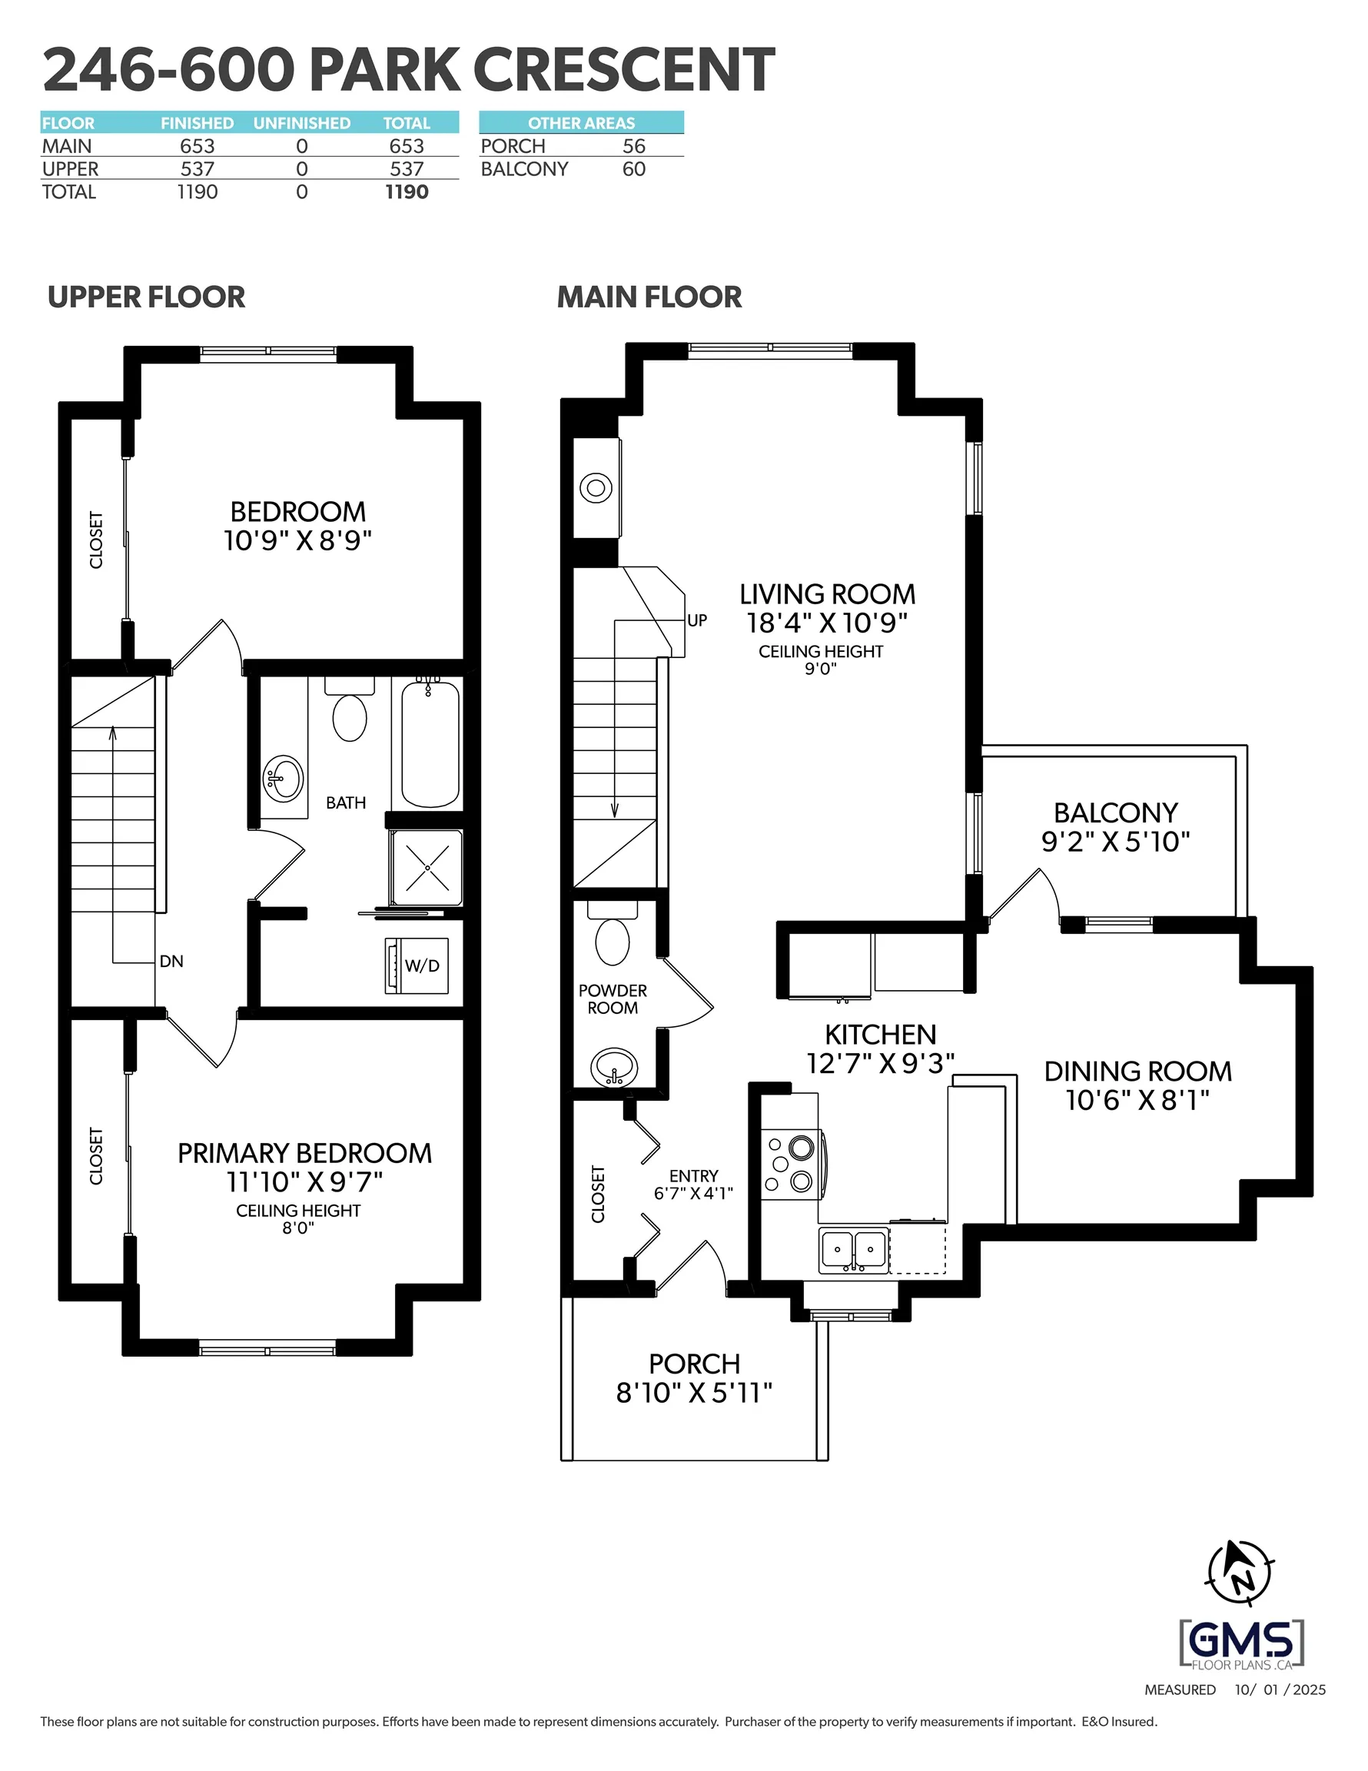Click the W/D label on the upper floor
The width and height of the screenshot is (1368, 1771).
422,965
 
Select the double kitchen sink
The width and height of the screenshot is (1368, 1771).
853,1250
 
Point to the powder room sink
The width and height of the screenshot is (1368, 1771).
614,1067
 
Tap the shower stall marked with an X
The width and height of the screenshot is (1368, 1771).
427,868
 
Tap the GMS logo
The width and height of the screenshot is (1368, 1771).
1241,1643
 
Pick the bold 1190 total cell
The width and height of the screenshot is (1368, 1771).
407,192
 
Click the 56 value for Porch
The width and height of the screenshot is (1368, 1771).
633,146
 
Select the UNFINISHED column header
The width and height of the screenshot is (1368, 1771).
302,123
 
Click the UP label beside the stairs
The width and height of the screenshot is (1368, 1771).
696,620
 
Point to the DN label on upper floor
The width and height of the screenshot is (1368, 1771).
171,961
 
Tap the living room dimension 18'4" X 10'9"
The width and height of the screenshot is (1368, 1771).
826,623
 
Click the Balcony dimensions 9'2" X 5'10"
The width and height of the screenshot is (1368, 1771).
1115,841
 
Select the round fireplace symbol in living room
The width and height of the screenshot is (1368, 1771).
596,488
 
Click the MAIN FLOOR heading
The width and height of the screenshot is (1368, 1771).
649,297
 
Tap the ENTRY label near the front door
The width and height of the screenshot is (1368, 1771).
693,1176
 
